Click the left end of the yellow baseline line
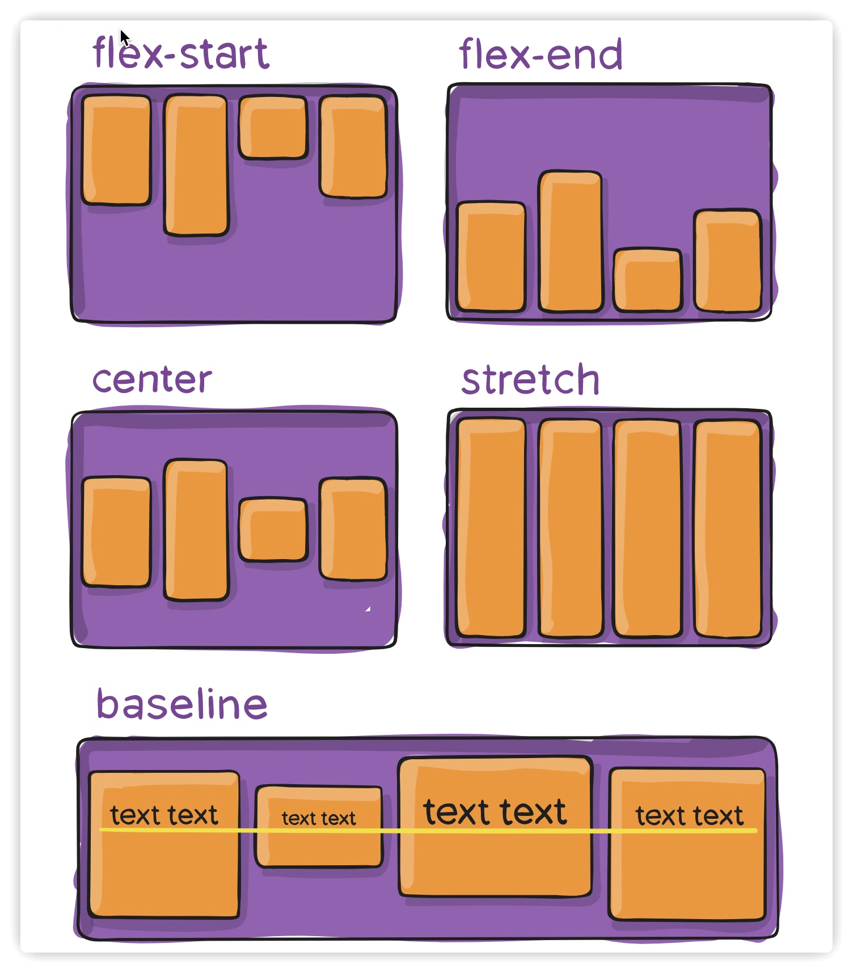(x=100, y=830)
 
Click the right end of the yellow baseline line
(x=757, y=830)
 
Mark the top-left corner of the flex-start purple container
(x=72, y=87)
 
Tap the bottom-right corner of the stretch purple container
(x=771, y=645)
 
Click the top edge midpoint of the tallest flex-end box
(x=571, y=172)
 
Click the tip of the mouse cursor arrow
(x=121, y=29)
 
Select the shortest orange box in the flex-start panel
(x=273, y=127)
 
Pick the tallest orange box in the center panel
(x=196, y=530)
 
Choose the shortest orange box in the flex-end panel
(x=648, y=280)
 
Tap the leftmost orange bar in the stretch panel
(x=491, y=528)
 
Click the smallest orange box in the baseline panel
(x=319, y=826)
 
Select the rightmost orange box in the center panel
(x=353, y=529)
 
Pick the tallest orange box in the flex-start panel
(x=196, y=165)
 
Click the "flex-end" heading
(x=540, y=54)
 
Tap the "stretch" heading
(x=530, y=379)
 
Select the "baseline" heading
(x=181, y=704)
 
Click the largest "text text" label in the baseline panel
(x=495, y=811)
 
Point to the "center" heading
(x=152, y=380)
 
